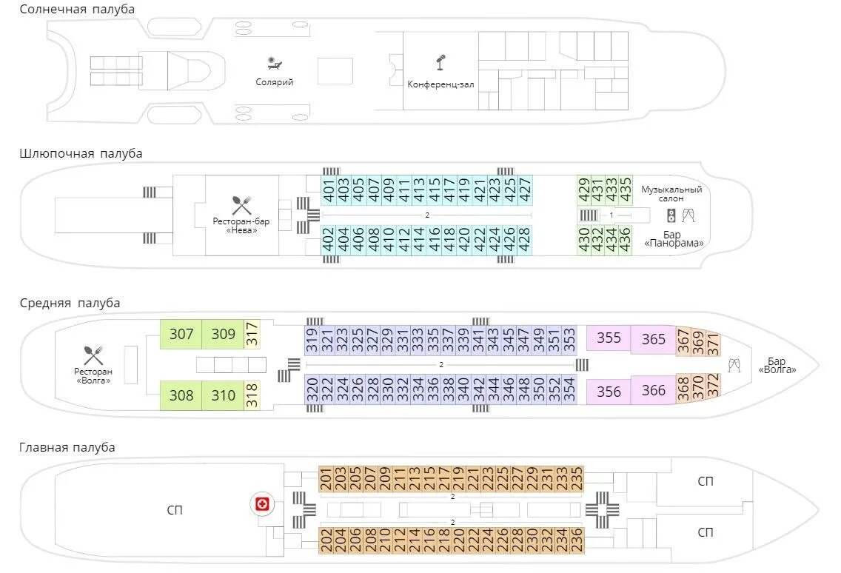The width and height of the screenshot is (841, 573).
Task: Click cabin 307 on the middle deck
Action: click(x=181, y=335)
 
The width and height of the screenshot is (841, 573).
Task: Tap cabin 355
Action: click(x=609, y=338)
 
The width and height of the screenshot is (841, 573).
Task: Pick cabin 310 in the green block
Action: click(x=224, y=395)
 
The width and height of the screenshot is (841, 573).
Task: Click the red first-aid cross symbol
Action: click(x=261, y=505)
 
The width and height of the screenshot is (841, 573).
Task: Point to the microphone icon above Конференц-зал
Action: click(x=440, y=61)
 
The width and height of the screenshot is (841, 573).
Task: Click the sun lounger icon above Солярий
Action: click(x=275, y=64)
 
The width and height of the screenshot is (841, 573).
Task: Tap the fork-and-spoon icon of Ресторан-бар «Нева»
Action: click(x=241, y=205)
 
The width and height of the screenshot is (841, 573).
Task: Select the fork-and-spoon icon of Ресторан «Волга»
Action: click(x=93, y=355)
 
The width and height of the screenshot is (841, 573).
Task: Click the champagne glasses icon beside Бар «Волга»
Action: click(x=734, y=364)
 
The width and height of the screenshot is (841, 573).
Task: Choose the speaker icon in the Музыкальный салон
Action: click(x=671, y=216)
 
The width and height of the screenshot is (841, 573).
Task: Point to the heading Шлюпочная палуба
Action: click(x=81, y=153)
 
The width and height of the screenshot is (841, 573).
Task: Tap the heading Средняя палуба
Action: click(x=70, y=303)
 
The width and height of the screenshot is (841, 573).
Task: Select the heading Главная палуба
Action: click(x=67, y=447)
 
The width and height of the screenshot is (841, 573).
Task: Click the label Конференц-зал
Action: click(x=440, y=84)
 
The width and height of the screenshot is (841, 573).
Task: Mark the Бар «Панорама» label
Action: click(x=673, y=238)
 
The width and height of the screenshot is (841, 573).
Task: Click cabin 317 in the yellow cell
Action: click(x=252, y=335)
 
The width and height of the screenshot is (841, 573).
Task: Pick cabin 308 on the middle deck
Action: click(x=181, y=395)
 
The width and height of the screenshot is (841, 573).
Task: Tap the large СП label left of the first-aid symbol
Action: click(x=175, y=510)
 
